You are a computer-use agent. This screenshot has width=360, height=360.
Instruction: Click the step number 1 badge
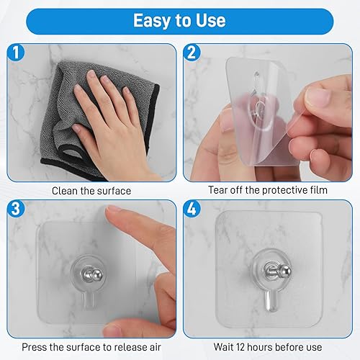tap(16, 53)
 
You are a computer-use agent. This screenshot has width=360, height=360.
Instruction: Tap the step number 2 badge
tap(192, 53)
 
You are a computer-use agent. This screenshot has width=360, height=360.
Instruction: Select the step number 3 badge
tap(16, 208)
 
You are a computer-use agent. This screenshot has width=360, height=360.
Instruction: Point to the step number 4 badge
tap(192, 208)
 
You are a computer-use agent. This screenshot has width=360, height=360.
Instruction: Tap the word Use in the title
tap(211, 20)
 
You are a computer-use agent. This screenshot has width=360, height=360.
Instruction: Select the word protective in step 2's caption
tap(284, 190)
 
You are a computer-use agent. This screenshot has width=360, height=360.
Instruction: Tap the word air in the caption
tap(155, 347)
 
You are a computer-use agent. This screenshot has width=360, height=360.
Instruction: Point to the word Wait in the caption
tap(224, 347)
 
